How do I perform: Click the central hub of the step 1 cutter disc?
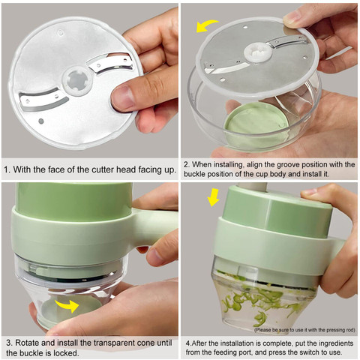(77, 81)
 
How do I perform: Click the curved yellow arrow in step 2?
(207, 25)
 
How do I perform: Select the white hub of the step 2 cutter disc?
(257, 52)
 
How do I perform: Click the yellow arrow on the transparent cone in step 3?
(67, 306)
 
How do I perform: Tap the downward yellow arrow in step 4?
(213, 197)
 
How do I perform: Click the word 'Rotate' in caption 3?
(27, 343)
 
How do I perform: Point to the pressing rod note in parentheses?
(304, 330)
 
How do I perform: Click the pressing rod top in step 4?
(252, 186)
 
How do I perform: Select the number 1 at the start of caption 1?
(6, 169)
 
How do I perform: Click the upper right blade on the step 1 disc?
(112, 64)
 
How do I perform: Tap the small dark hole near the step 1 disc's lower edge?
(41, 121)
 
